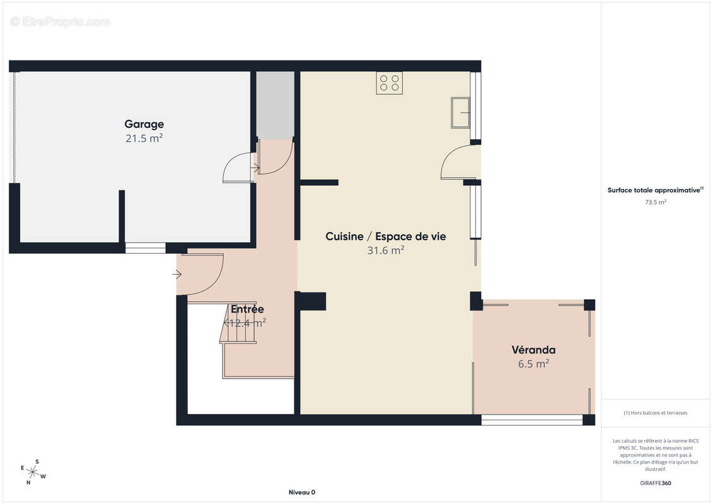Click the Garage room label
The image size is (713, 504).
pos(144,124)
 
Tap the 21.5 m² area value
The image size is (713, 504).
pos(144,138)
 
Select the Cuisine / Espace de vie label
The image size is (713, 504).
pos(385,236)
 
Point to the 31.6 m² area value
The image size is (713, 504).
pos(385,250)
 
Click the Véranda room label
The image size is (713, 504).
pos(533,350)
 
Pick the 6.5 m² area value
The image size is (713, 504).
pos(533,364)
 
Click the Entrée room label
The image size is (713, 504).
pos(247,309)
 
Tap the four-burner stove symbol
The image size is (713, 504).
pos(389,83)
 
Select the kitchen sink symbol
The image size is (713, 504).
pos(460,113)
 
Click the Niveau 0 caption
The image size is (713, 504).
pos(301,493)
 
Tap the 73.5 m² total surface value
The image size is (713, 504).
pos(656,202)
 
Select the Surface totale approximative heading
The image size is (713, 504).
pos(655,190)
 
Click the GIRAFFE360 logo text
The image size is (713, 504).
pos(655,483)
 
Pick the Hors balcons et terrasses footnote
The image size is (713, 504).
pos(656,413)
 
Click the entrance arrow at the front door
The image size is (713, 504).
pos(177,274)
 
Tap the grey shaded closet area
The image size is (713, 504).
pos(275,105)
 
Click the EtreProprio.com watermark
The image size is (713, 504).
pos(61,21)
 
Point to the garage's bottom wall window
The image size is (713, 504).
pos(145,248)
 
